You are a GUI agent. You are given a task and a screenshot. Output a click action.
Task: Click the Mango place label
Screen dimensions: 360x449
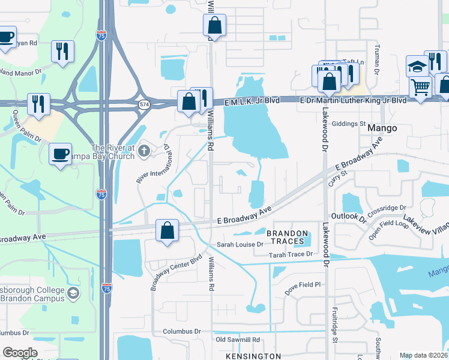pyautogui.click(x=382, y=128)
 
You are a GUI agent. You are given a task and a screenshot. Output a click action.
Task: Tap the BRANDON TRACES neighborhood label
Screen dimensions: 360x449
pyautogui.click(x=287, y=237)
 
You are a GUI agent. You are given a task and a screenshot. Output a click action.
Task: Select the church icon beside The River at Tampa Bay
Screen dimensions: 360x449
pyautogui.click(x=143, y=151)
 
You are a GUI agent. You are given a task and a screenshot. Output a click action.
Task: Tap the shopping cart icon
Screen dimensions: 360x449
pyautogui.click(x=421, y=87)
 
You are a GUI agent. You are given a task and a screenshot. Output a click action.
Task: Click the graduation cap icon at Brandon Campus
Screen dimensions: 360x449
pyautogui.click(x=73, y=293)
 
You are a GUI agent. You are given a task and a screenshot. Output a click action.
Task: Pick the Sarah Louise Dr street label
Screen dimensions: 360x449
pyautogui.click(x=240, y=245)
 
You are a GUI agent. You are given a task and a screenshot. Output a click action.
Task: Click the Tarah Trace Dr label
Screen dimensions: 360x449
pyautogui.click(x=291, y=254)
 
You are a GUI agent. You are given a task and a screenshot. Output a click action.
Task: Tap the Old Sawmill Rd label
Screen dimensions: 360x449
pyautogui.click(x=238, y=340)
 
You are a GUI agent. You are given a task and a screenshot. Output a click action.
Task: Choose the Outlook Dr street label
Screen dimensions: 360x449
pyautogui.click(x=349, y=216)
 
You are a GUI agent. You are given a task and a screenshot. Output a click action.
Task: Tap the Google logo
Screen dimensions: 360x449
pyautogui.click(x=20, y=353)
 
